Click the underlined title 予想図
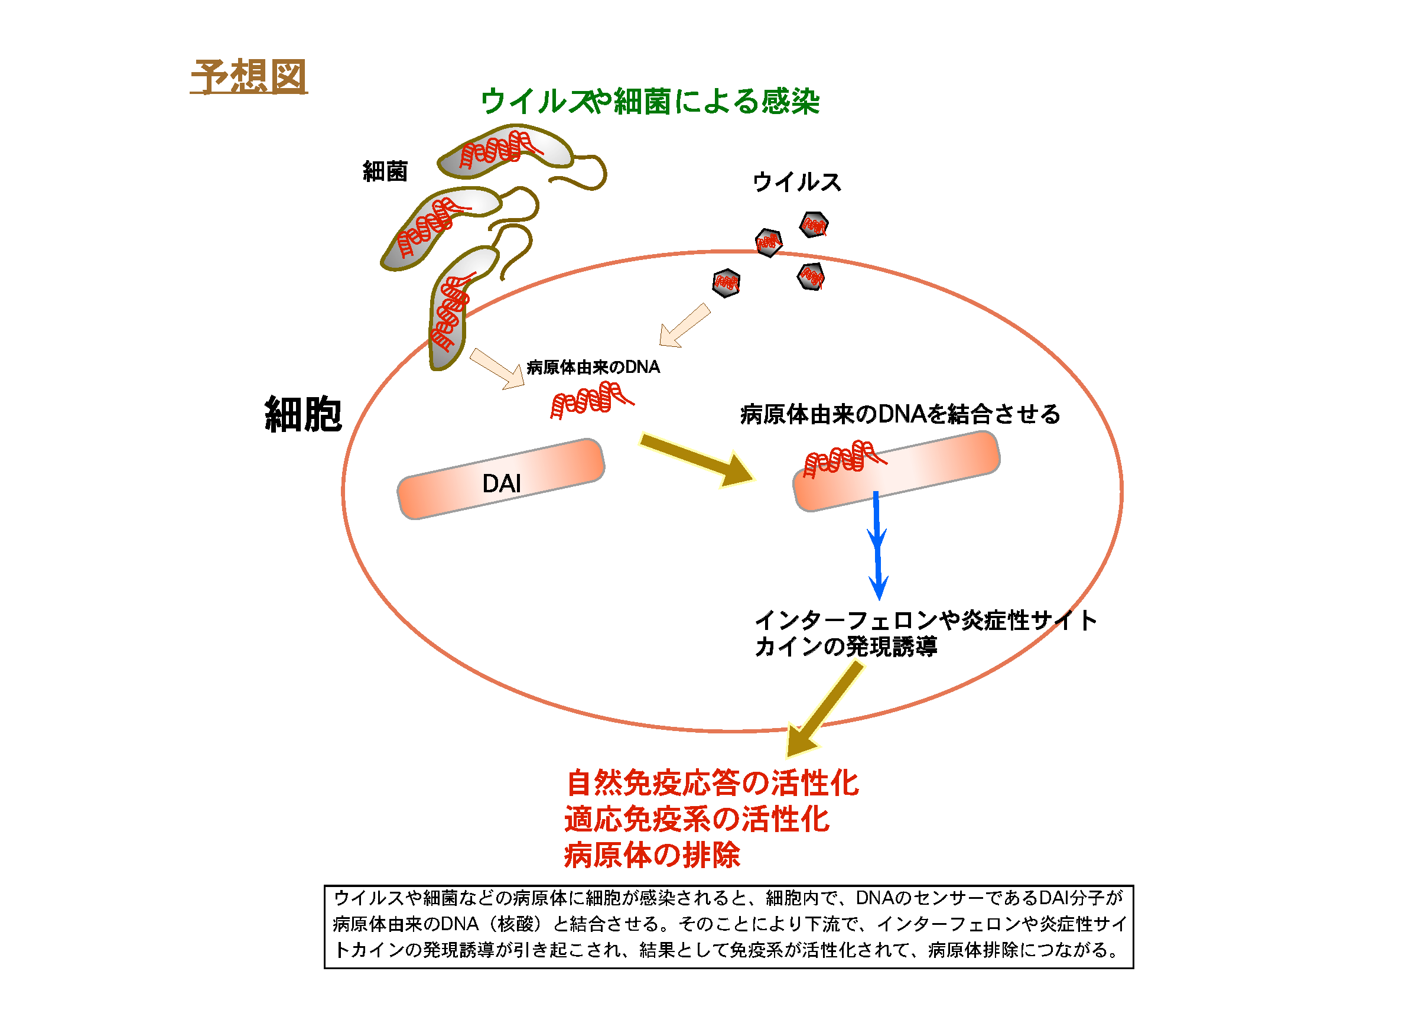point(249,77)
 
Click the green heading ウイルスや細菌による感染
point(650,101)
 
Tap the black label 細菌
point(385,171)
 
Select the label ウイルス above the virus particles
point(796,182)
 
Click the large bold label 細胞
point(303,414)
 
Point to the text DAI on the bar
point(501,483)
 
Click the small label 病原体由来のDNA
point(593,367)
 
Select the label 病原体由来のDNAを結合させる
point(900,414)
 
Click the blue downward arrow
point(877,545)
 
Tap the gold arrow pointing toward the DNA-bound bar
point(697,460)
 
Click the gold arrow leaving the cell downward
point(825,710)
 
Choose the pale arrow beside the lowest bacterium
point(497,369)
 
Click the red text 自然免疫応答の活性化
point(712,783)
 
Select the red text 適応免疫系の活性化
point(697,819)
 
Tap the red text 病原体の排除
point(652,855)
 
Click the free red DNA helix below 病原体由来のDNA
point(591,401)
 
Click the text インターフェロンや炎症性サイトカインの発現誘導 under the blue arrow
point(926,633)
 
